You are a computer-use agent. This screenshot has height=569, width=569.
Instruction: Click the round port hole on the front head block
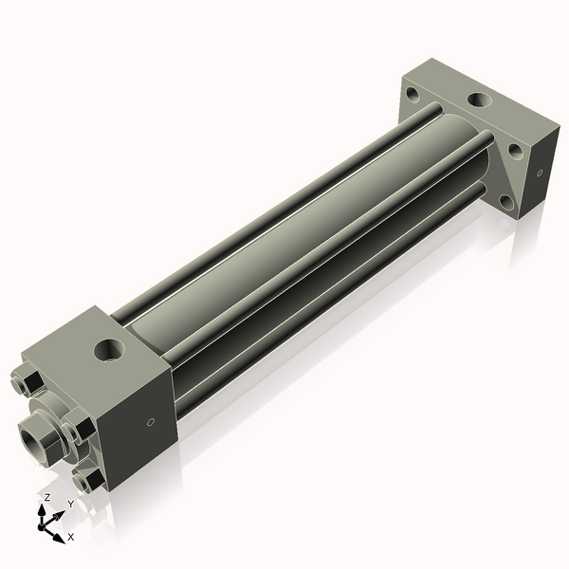(x=110, y=350)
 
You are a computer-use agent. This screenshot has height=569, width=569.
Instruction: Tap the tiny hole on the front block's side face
(x=150, y=423)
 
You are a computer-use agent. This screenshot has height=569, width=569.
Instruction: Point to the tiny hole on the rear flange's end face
(x=540, y=174)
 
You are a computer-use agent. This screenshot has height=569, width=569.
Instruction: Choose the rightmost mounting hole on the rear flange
(x=515, y=149)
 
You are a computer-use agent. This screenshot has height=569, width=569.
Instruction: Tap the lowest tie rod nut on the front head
(x=86, y=482)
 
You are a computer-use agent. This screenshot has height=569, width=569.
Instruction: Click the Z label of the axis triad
(x=47, y=497)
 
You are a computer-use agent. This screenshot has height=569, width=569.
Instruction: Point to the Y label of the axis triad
(x=70, y=505)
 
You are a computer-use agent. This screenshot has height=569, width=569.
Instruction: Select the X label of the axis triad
(x=71, y=537)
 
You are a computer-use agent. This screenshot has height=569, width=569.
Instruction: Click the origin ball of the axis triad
(x=44, y=524)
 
